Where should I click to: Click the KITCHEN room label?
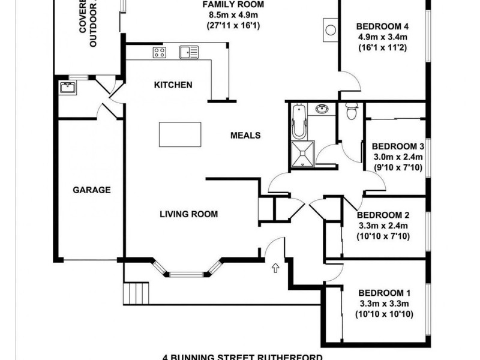tap(173, 85)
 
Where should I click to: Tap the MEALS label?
tap(245, 136)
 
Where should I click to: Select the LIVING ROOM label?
tap(188, 214)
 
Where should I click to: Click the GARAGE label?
tap(92, 190)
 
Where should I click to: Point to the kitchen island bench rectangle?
tap(180, 134)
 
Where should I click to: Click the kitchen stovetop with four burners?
tap(159, 52)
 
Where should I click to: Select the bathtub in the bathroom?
tap(299, 122)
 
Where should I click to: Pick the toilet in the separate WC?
tap(352, 112)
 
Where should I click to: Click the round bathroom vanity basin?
tap(323, 109)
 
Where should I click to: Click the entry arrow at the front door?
tap(275, 267)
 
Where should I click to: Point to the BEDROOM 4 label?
tap(382, 26)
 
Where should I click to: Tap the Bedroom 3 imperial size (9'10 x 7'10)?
tap(398, 167)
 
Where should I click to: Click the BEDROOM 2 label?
tap(383, 215)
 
